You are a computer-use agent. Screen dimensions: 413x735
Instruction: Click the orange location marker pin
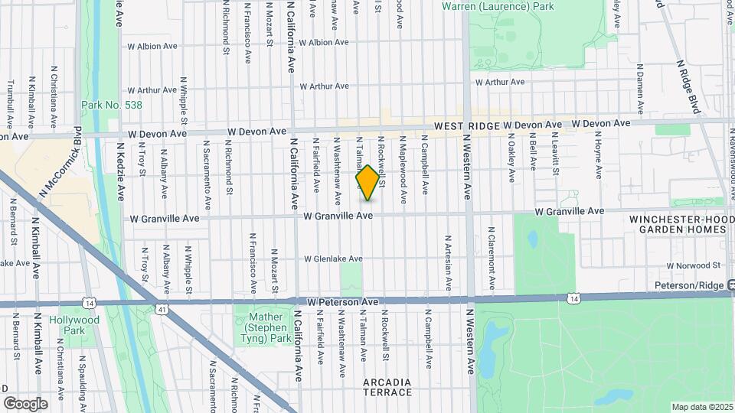pos(367,183)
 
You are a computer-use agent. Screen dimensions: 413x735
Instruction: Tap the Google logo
pos(25,403)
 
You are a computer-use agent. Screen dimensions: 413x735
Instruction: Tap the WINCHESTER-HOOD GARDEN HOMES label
pos(678,223)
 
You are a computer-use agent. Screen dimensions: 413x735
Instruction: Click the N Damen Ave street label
pos(640,85)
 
